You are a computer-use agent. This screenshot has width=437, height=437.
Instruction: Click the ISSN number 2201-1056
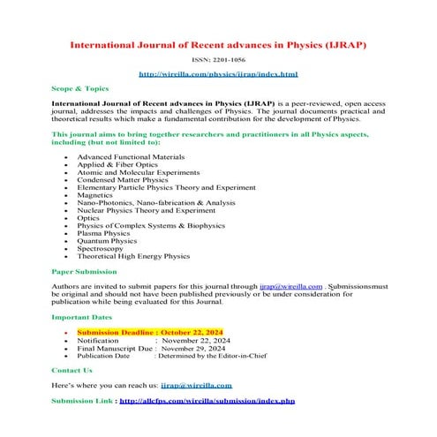point(218,59)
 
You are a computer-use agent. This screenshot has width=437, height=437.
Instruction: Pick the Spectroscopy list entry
point(102,249)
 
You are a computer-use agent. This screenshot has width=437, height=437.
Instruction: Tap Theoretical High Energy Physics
point(133,257)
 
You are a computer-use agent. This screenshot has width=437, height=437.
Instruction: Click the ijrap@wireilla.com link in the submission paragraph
point(290,286)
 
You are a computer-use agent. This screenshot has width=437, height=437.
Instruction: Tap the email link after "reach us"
point(197,385)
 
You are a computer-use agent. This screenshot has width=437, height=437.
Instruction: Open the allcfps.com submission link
point(207,401)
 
